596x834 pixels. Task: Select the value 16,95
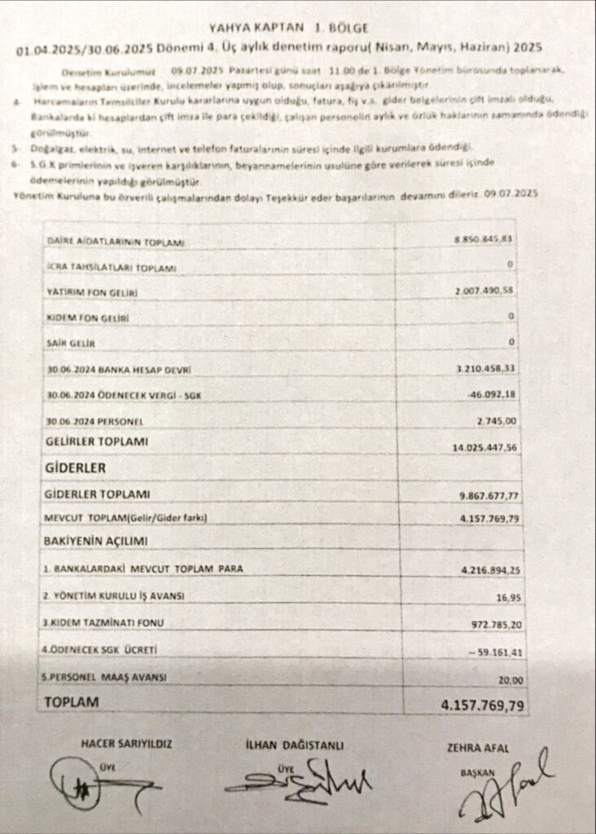[x=508, y=597]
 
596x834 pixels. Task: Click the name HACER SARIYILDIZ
[x=126, y=744]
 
